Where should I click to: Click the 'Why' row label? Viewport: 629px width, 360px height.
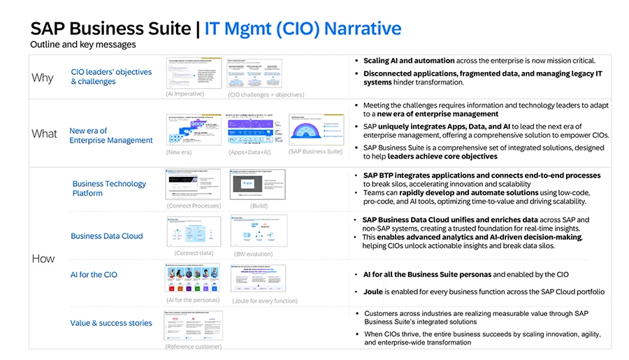point(43,78)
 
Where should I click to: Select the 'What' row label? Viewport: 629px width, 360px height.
point(43,134)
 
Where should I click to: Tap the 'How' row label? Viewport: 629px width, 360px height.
point(43,259)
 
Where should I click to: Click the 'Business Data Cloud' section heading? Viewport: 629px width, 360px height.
point(106,236)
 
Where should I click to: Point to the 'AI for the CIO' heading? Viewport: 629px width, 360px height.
point(94,275)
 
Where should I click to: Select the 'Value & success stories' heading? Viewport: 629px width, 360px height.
point(111,323)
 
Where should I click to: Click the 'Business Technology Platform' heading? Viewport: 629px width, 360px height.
point(109,189)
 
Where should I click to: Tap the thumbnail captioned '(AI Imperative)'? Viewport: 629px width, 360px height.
point(194,73)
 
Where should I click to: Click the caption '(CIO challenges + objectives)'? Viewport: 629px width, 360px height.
point(266,94)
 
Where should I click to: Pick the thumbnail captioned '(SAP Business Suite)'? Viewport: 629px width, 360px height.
point(315,129)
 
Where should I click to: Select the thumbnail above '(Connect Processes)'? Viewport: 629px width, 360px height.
point(194,185)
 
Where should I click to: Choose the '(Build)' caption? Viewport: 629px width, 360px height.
point(259,206)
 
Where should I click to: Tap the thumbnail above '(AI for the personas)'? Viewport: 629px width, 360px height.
point(193,278)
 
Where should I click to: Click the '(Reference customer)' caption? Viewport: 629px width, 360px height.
point(193,346)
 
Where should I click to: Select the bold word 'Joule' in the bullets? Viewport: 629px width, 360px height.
point(375,291)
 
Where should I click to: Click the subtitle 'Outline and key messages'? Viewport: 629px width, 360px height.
point(82,45)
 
